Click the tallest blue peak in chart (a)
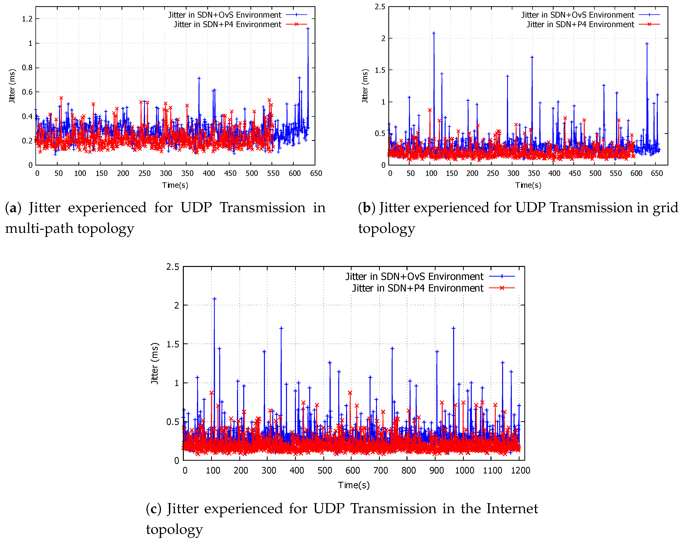(x=308, y=29)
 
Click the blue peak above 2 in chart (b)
(x=434, y=33)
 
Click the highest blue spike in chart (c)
(x=214, y=299)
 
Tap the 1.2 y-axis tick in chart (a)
(x=27, y=19)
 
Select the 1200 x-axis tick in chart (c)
(x=520, y=471)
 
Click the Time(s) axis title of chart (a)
(x=175, y=185)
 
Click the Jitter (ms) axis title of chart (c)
(x=154, y=363)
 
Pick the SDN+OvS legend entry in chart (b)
(x=577, y=15)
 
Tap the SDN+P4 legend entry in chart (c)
(x=418, y=288)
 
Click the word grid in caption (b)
(x=665, y=208)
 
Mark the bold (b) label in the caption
(x=366, y=208)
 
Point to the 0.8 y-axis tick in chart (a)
(x=27, y=68)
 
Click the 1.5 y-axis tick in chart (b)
(x=380, y=70)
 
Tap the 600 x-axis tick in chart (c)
(x=353, y=471)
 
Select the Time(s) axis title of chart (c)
(x=354, y=485)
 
